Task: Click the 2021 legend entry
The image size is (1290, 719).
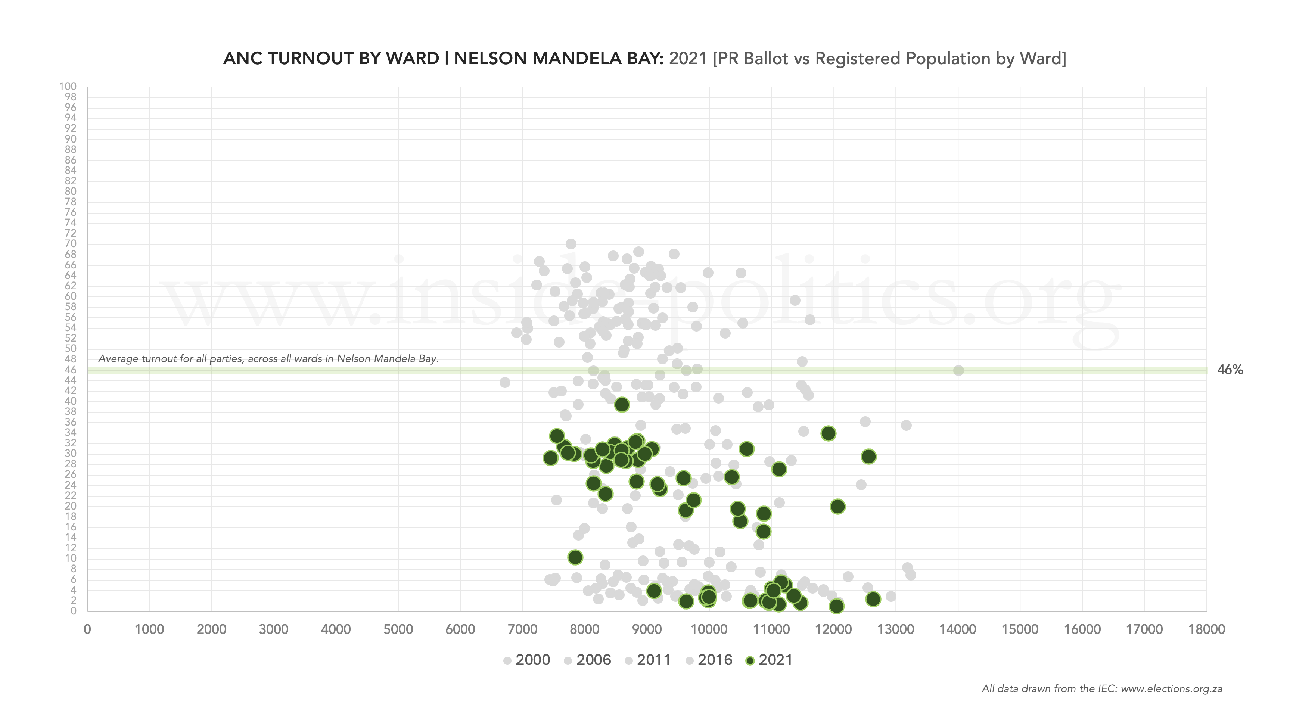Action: [x=769, y=660]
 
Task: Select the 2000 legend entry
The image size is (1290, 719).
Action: [x=527, y=660]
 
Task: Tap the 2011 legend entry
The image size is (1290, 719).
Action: [x=648, y=660]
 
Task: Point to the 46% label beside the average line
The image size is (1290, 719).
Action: [x=1230, y=370]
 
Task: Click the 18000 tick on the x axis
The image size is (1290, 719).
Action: [x=1206, y=629]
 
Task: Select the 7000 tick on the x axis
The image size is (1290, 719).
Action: [x=522, y=629]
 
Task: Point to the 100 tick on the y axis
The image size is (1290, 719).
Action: [x=68, y=87]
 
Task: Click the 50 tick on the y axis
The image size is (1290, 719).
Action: [x=70, y=348]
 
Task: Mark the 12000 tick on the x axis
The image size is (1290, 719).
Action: [x=833, y=629]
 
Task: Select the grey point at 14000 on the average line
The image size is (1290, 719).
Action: [x=958, y=371]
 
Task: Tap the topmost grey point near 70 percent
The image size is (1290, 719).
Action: [x=571, y=244]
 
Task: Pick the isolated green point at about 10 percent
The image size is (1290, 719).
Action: [x=575, y=557]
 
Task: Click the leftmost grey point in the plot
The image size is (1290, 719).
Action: [x=505, y=383]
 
